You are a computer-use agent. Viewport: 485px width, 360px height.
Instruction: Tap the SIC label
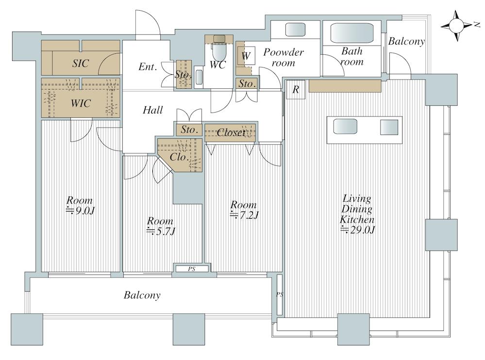[x=81, y=64]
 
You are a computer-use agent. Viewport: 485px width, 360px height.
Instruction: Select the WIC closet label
[x=81, y=103]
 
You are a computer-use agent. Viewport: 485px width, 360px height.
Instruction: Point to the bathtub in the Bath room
[x=351, y=33]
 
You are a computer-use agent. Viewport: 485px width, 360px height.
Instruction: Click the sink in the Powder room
[x=295, y=30]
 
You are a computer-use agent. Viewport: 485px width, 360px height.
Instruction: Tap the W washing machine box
[x=246, y=56]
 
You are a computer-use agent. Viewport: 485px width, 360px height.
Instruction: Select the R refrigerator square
[x=295, y=90]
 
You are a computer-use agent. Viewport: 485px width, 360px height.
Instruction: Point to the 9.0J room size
[x=80, y=211]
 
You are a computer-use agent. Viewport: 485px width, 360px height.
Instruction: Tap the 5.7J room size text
[x=161, y=231]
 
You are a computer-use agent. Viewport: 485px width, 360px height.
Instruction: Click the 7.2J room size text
[x=244, y=215]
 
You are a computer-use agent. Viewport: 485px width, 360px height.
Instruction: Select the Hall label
[x=153, y=110]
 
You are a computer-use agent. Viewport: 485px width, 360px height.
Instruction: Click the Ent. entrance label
[x=148, y=66]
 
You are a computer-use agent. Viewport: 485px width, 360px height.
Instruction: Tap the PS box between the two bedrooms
[x=192, y=269]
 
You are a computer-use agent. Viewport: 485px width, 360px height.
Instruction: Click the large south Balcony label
[x=142, y=295]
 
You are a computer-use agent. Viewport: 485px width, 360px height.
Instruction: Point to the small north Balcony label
[x=406, y=41]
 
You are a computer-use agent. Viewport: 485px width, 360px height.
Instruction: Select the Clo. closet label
[x=179, y=157]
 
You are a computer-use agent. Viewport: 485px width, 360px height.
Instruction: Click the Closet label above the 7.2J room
[x=231, y=132]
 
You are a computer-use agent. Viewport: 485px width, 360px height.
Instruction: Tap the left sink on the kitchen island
[x=345, y=126]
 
